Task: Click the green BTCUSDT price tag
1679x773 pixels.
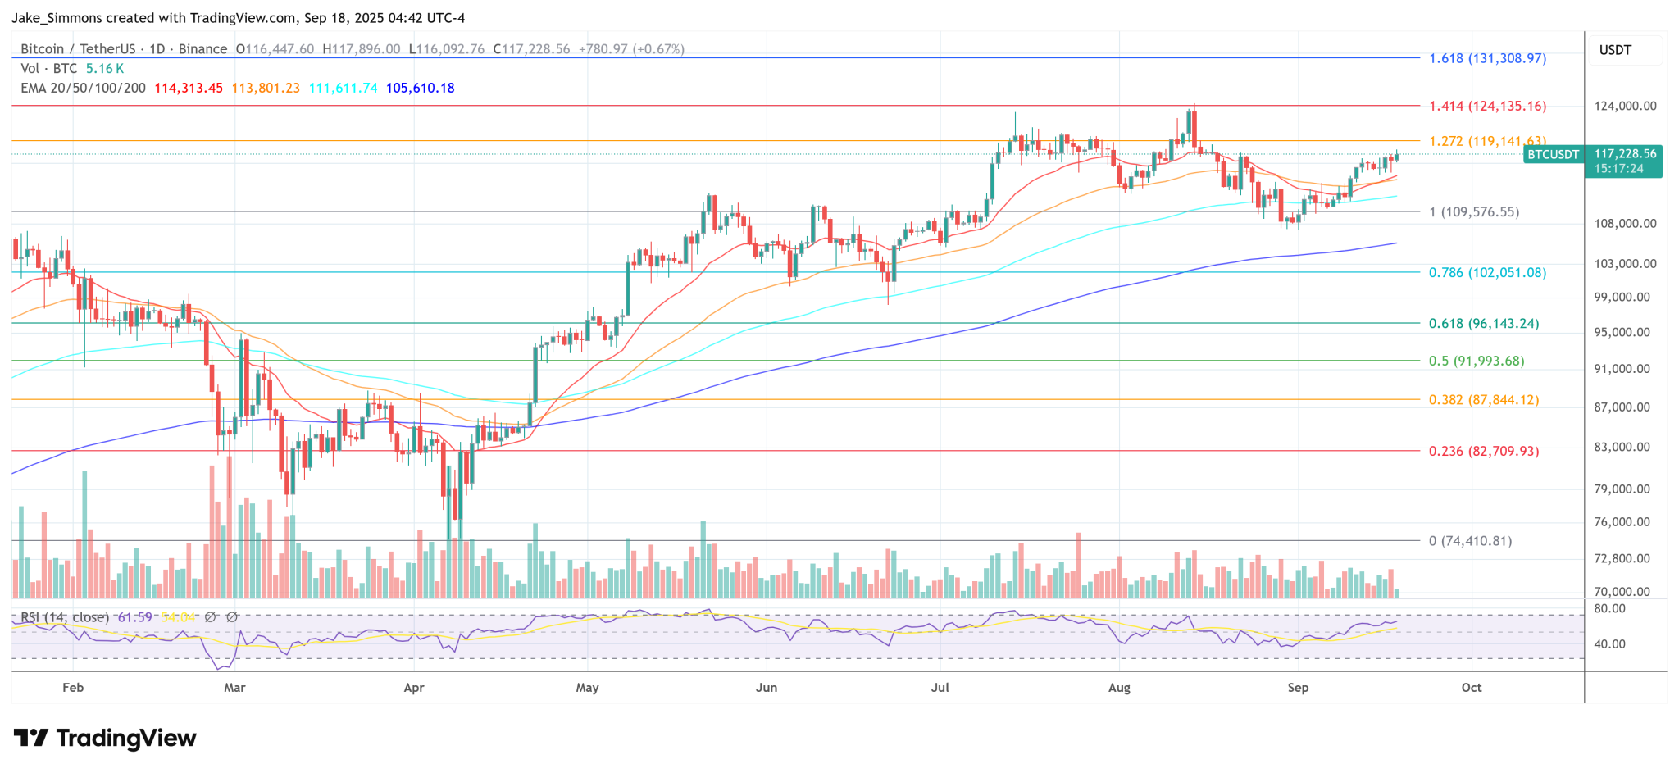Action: pyautogui.click(x=1553, y=154)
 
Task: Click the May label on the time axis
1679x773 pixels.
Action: pyautogui.click(x=587, y=687)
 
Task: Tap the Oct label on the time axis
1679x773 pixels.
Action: pyautogui.click(x=1472, y=687)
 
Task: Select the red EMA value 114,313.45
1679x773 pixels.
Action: pyautogui.click(x=189, y=88)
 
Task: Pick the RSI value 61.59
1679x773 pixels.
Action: pyautogui.click(x=135, y=617)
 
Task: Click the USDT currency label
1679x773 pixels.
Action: pyautogui.click(x=1615, y=50)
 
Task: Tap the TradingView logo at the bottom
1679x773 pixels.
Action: pyautogui.click(x=105, y=739)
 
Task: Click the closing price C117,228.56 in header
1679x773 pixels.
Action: pyautogui.click(x=532, y=49)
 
